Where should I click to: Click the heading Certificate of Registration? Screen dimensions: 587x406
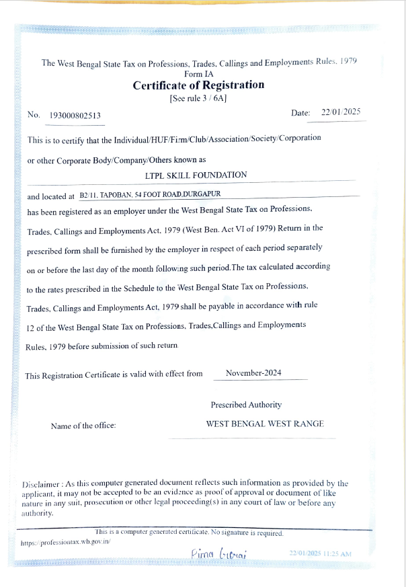point(198,85)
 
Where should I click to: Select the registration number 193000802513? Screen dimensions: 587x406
point(76,116)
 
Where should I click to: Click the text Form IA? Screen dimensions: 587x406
point(198,74)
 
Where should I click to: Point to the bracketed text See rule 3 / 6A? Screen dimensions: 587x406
point(198,97)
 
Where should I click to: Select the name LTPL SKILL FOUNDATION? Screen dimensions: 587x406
point(196,175)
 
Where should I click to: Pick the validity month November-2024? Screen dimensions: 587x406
point(255,373)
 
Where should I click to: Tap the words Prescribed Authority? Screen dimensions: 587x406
point(246,405)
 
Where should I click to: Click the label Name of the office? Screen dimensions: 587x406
point(83,426)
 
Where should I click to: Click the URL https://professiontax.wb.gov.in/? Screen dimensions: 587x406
point(65,541)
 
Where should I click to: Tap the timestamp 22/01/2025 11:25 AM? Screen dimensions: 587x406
point(320,553)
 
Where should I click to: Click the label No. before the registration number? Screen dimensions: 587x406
point(34,115)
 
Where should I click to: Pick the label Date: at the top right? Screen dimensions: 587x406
point(300,113)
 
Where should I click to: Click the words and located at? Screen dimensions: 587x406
point(50,197)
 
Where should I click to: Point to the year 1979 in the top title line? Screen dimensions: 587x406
point(348,61)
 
